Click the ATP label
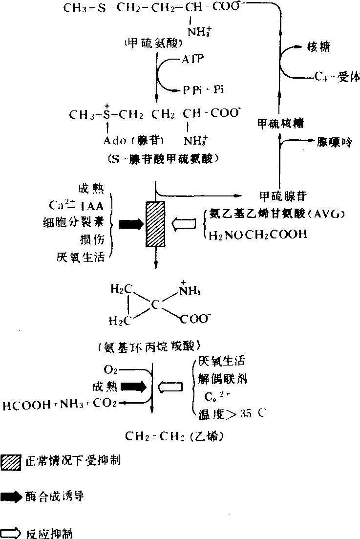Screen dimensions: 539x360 pos(193,59)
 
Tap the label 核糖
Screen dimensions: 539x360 pos(318,47)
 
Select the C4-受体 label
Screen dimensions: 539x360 pos(337,77)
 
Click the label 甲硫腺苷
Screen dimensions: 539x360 pos(283,196)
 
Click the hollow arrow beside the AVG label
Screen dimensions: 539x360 pos(186,224)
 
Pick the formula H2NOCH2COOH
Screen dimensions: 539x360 pos(258,235)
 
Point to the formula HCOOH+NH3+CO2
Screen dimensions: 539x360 pos(60,404)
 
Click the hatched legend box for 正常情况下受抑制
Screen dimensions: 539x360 pos(11,461)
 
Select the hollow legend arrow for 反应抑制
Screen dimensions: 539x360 pos(11,533)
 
